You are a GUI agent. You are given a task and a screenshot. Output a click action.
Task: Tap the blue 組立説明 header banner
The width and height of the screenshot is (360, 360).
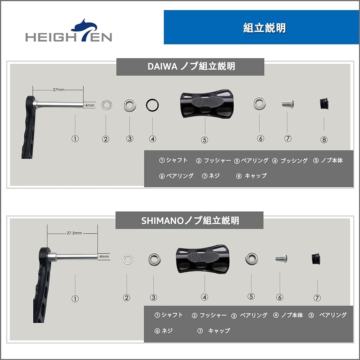click(x=262, y=28)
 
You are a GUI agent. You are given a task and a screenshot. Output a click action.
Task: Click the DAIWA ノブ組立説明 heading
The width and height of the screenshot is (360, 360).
click(x=191, y=67)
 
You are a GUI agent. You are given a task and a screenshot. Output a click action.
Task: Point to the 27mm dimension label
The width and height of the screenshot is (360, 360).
click(x=58, y=90)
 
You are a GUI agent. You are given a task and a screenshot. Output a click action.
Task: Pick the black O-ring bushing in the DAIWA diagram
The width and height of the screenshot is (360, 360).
click(x=152, y=104)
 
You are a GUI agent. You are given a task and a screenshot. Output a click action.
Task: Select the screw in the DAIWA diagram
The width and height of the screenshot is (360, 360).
click(x=288, y=104)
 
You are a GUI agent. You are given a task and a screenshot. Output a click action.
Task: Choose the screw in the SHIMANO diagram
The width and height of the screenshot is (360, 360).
click(x=280, y=259)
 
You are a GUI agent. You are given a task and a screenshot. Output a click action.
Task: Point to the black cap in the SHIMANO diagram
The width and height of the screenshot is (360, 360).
click(x=316, y=259)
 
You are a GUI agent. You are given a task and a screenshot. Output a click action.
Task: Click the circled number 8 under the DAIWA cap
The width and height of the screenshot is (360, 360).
click(x=324, y=140)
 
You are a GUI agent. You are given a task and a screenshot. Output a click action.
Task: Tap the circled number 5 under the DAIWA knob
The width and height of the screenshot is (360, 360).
click(x=205, y=140)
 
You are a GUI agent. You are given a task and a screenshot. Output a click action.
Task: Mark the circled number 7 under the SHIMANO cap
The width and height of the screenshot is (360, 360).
click(x=317, y=298)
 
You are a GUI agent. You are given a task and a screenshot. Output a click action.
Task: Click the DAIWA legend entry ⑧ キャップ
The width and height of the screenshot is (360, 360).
click(x=252, y=176)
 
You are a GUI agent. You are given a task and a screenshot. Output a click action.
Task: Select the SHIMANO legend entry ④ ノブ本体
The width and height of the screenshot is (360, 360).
click(x=288, y=315)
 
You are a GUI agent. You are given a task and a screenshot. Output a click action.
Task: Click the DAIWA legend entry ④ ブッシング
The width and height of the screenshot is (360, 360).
click(x=290, y=161)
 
